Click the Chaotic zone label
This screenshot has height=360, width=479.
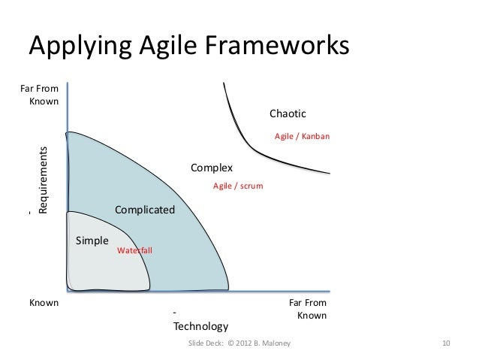(x=288, y=113)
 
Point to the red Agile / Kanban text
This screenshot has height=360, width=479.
(x=302, y=137)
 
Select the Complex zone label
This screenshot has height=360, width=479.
(x=212, y=167)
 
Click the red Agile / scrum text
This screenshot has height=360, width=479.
(x=238, y=185)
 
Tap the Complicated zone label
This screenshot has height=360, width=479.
(x=144, y=210)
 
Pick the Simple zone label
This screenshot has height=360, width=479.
(x=92, y=241)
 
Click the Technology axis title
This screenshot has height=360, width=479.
(x=200, y=326)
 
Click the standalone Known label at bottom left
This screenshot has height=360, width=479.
(x=43, y=304)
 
